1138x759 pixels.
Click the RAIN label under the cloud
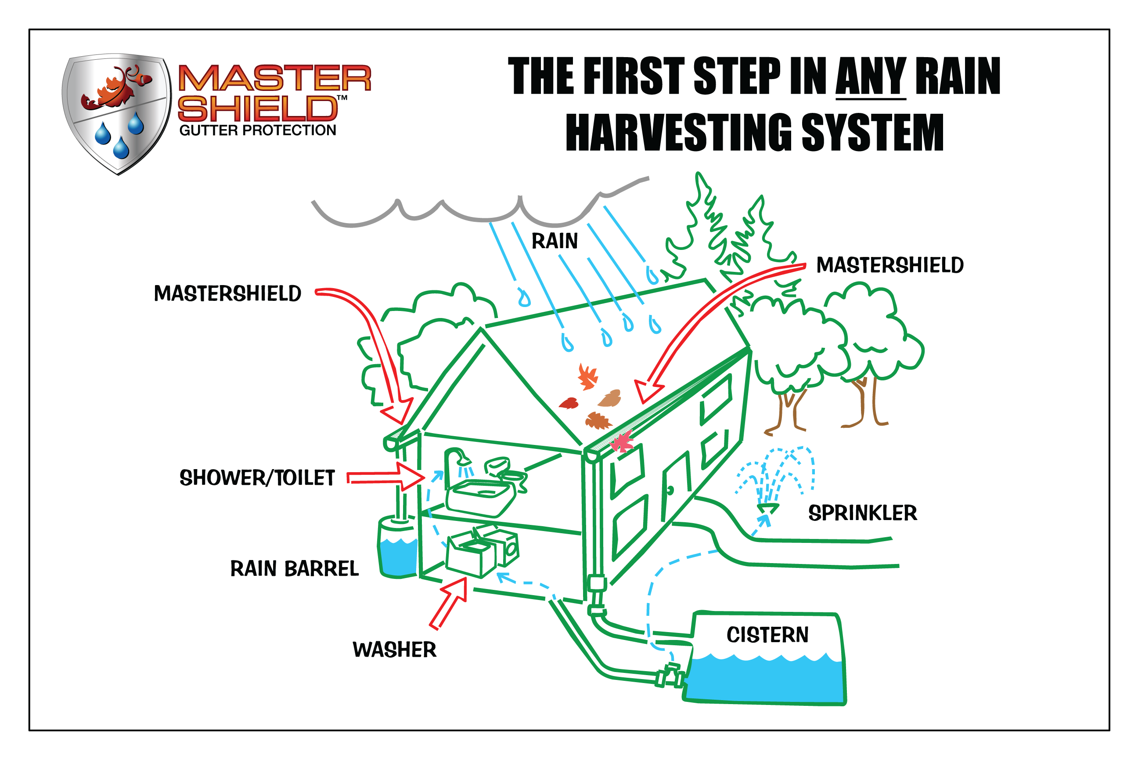pyautogui.click(x=555, y=241)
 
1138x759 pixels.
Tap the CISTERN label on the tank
pyautogui.click(x=767, y=635)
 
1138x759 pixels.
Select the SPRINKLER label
pyautogui.click(x=863, y=513)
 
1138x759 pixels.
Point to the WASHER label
pyautogui.click(x=394, y=650)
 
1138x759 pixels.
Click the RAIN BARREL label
pyautogui.click(x=294, y=568)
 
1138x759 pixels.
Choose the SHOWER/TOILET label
pyautogui.click(x=257, y=478)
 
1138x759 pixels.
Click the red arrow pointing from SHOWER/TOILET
pyautogui.click(x=385, y=477)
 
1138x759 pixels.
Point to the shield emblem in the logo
pyautogui.click(x=117, y=113)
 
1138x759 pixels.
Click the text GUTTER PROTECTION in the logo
pyautogui.click(x=257, y=130)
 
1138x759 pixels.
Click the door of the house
pyautogui.click(x=676, y=486)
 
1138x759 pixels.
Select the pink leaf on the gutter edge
pyautogui.click(x=622, y=441)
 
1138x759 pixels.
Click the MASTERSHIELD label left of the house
pyautogui.click(x=227, y=293)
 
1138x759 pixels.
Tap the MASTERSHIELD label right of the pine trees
pyautogui.click(x=890, y=265)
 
